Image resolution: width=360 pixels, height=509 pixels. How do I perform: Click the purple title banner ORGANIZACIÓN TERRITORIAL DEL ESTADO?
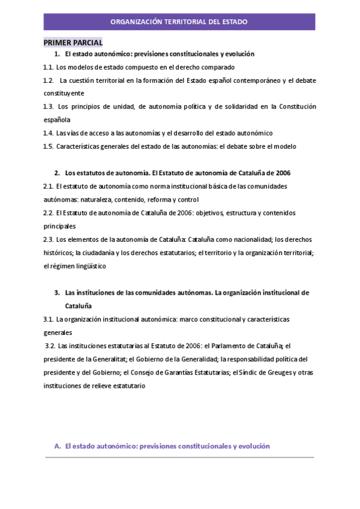click(x=179, y=22)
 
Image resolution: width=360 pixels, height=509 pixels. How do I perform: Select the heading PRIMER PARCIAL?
click(x=73, y=43)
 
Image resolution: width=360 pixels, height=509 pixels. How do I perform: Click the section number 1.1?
click(x=49, y=67)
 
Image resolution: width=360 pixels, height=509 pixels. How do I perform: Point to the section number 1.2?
click(x=49, y=80)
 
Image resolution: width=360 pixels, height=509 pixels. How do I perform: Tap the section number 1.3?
click(x=49, y=107)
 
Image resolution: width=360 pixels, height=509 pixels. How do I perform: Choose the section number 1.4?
click(x=49, y=133)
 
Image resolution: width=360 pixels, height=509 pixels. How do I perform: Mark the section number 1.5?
click(x=49, y=146)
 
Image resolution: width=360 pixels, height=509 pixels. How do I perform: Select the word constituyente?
click(x=64, y=94)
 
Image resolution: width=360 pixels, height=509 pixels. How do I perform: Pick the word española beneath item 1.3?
click(x=57, y=120)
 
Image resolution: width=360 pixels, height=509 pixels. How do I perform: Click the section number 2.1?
click(x=49, y=186)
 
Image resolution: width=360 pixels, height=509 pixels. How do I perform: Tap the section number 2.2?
click(x=49, y=212)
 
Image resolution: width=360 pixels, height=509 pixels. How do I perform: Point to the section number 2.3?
click(x=49, y=239)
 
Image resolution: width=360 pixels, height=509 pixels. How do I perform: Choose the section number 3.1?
click(x=49, y=319)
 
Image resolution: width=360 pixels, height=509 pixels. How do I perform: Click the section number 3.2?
click(x=50, y=346)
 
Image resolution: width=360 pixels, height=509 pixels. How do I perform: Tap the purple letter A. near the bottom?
click(x=58, y=446)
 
